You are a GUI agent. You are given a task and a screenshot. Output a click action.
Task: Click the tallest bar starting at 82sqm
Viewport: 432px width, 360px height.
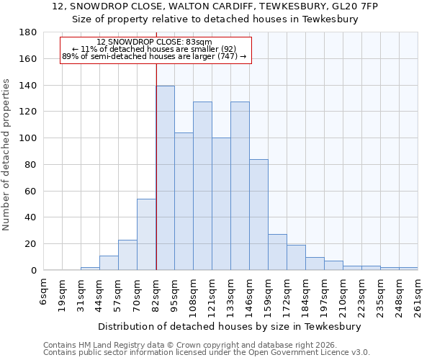pyautogui.click(x=165, y=178)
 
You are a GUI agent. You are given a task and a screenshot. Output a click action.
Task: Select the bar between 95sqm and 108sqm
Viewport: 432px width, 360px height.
pyautogui.click(x=184, y=202)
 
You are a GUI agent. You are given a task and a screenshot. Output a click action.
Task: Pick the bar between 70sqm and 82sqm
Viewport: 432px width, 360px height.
pyautogui.click(x=146, y=234)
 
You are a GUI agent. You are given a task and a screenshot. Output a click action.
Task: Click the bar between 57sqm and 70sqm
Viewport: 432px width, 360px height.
pyautogui.click(x=127, y=255)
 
